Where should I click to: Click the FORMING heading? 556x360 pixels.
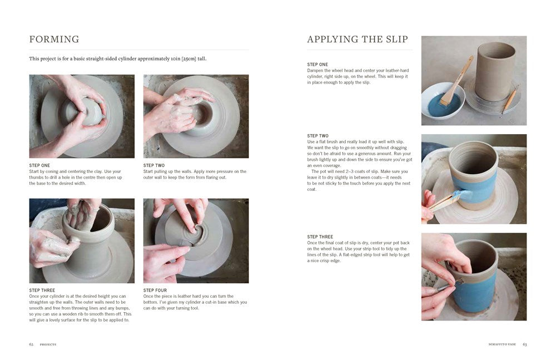pyautogui.click(x=54, y=40)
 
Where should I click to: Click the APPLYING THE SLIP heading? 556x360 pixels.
pyautogui.click(x=357, y=40)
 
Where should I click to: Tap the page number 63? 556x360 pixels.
pyautogui.click(x=524, y=344)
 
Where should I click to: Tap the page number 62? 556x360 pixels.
pyautogui.click(x=31, y=344)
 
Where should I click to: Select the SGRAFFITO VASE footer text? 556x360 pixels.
pyautogui.click(x=498, y=344)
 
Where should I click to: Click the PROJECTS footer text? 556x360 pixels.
pyautogui.click(x=48, y=344)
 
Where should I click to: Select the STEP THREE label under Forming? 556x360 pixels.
pyautogui.click(x=42, y=290)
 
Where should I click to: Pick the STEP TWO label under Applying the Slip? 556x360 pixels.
pyautogui.click(x=317, y=136)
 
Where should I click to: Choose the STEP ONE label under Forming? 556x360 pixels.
pyautogui.click(x=39, y=165)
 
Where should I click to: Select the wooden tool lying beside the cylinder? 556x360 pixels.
pyautogui.click(x=509, y=101)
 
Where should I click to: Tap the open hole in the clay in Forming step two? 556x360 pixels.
pyautogui.click(x=201, y=114)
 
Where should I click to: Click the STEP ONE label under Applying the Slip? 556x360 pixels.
pyautogui.click(x=317, y=65)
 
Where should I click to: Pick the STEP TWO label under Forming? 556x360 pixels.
pyautogui.click(x=154, y=165)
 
